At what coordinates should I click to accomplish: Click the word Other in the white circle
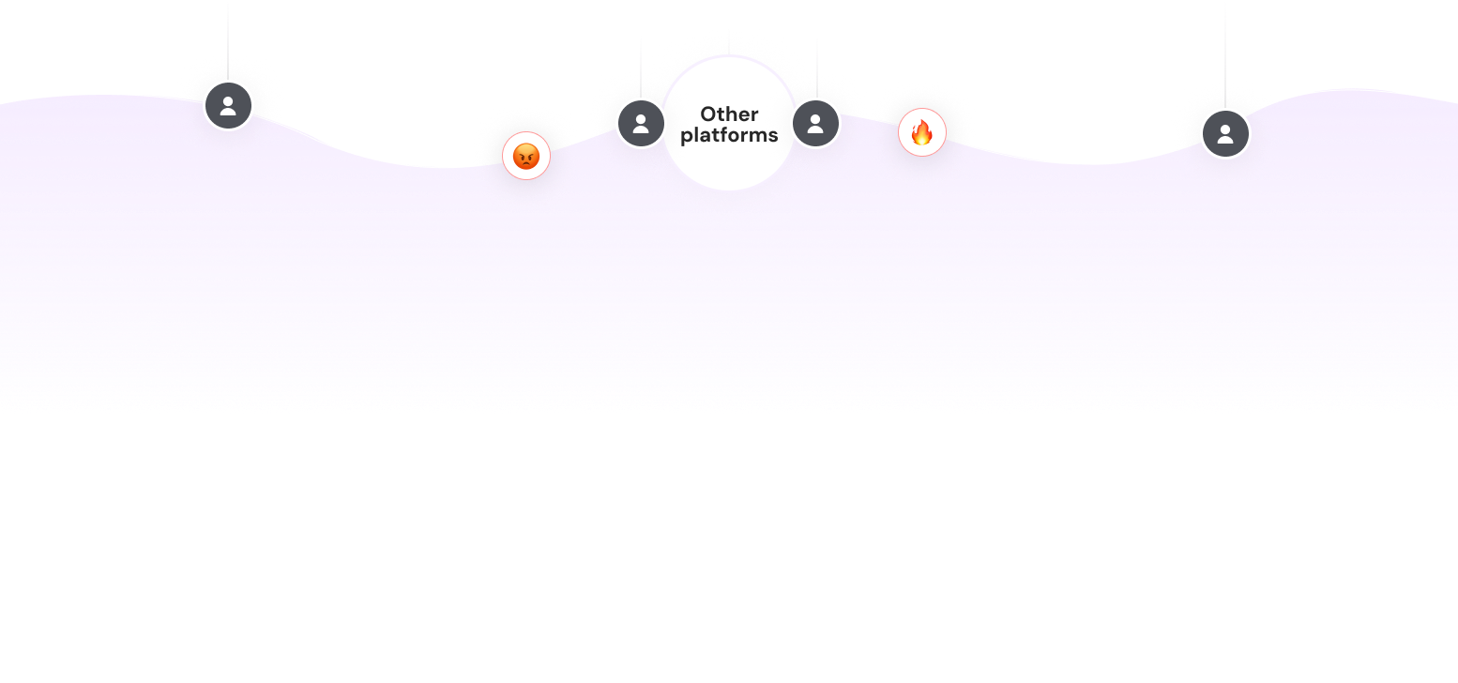tap(729, 114)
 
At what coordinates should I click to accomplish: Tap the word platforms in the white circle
tap(729, 135)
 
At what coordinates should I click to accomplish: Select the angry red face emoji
tap(526, 156)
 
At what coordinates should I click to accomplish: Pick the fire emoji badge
tap(922, 132)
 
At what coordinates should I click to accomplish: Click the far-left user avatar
tap(228, 105)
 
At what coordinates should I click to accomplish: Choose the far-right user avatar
tap(1225, 133)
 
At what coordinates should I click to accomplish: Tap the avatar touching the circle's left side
tap(641, 123)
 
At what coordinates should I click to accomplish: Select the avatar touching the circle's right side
tap(815, 123)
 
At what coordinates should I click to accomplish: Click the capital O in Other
tap(709, 114)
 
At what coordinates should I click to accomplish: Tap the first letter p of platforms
tap(687, 137)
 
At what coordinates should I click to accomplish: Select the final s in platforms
tap(772, 135)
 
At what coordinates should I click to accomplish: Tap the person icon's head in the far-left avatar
tap(228, 99)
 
